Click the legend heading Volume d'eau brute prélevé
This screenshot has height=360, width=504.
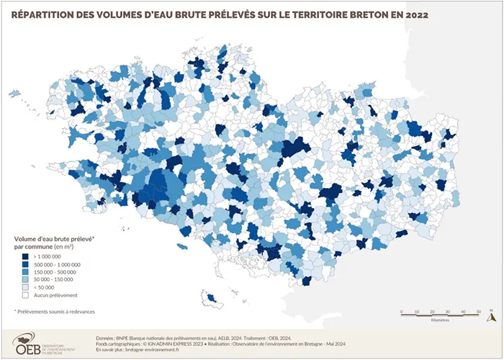coord(55,237)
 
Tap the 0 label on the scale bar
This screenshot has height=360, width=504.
coord(401,311)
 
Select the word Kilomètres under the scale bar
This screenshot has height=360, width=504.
coord(441,319)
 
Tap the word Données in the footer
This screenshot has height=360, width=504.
coord(105,337)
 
